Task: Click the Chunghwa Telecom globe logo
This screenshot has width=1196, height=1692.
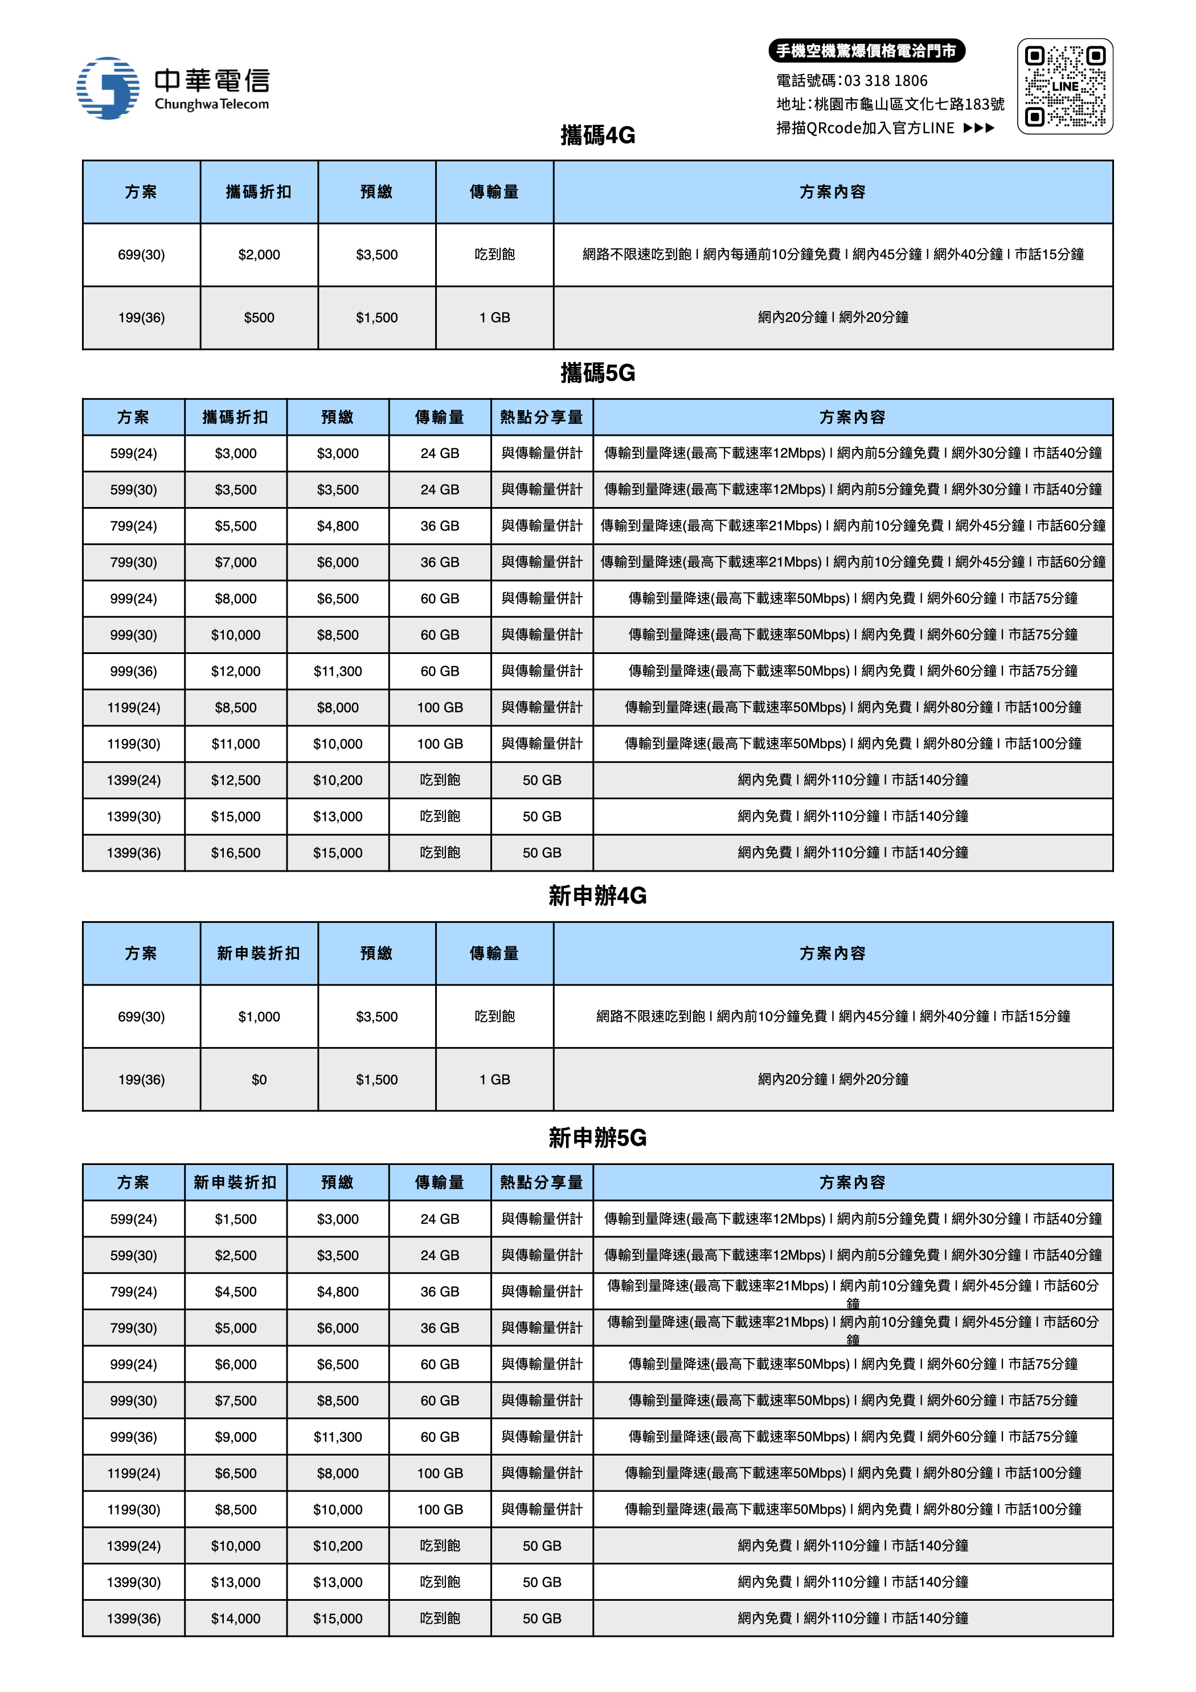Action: click(x=108, y=88)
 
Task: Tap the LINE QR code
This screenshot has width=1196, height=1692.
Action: click(x=1065, y=86)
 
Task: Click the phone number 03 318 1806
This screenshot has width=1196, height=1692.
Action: click(x=885, y=80)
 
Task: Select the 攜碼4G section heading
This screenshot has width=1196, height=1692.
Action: click(x=597, y=135)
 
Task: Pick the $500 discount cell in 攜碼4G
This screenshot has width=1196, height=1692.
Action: click(x=259, y=318)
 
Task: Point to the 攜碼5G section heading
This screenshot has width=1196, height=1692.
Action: click(x=597, y=373)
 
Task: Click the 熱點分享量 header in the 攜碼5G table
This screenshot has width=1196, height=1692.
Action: click(x=542, y=417)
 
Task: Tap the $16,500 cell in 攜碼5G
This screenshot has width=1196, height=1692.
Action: click(x=236, y=853)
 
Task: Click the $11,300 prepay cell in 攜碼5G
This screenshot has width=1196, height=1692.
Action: click(x=338, y=671)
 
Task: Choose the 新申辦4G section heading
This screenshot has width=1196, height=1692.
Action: click(x=597, y=896)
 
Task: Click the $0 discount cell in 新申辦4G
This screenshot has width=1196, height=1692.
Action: click(x=259, y=1080)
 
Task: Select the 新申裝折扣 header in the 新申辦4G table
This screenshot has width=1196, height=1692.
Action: click(x=259, y=954)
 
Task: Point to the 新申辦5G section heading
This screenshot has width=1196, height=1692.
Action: click(x=597, y=1138)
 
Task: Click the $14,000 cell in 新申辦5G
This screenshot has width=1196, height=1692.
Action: click(x=236, y=1619)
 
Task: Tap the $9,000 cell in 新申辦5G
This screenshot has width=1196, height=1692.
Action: click(x=236, y=1437)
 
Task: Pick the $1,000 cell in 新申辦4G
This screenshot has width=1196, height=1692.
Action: click(x=259, y=1017)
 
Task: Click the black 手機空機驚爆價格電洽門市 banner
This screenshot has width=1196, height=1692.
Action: click(x=867, y=51)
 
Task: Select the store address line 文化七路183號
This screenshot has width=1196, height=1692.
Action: click(x=890, y=104)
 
